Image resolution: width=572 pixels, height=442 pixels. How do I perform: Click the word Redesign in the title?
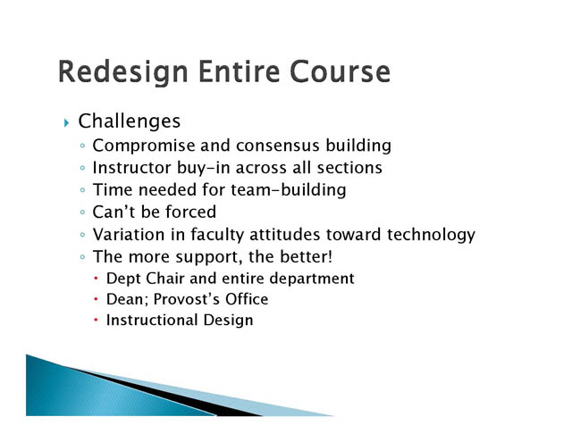click(123, 72)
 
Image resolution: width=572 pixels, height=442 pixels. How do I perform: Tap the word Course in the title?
click(340, 71)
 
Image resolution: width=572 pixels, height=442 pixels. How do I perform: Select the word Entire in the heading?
click(239, 71)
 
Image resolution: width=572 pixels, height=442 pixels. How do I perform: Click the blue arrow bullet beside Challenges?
click(66, 123)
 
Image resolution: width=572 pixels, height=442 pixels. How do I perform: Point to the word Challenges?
click(130, 121)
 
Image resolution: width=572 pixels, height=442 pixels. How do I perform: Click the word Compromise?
click(144, 146)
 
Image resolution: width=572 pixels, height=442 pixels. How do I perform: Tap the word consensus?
click(278, 146)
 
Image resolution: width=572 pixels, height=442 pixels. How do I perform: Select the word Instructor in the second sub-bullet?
click(131, 168)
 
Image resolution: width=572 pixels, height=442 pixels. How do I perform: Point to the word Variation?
click(129, 234)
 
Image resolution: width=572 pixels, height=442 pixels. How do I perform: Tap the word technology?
click(431, 235)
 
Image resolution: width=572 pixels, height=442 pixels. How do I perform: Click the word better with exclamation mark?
click(306, 256)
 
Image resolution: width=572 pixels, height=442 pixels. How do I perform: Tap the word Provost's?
click(187, 299)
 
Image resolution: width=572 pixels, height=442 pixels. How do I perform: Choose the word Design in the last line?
click(228, 321)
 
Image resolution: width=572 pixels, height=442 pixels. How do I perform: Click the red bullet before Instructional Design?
click(96, 320)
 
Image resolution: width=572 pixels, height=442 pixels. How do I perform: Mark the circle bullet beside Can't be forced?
click(82, 213)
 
